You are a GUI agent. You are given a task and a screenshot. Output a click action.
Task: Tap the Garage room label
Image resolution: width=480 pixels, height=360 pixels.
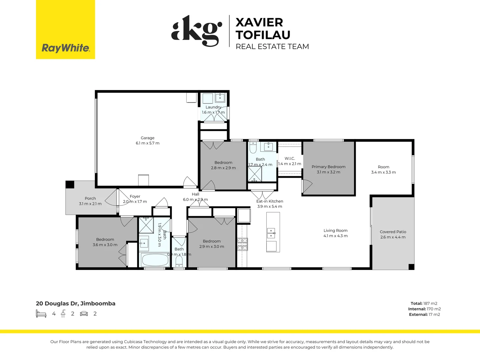coord(147,138)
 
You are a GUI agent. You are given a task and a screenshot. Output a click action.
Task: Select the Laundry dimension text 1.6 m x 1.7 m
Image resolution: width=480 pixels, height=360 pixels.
coord(213,112)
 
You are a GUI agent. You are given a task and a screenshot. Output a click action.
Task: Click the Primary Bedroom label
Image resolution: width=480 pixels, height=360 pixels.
coord(328,167)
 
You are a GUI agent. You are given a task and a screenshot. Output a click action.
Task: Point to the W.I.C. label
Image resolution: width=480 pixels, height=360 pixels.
coord(290,158)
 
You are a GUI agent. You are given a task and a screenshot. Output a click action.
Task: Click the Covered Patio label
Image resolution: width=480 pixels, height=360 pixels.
coord(393,232)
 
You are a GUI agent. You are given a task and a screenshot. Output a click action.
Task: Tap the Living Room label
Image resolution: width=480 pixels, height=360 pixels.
coord(335,230)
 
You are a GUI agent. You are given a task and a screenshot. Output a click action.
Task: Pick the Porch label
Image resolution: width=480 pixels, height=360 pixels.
coord(90,198)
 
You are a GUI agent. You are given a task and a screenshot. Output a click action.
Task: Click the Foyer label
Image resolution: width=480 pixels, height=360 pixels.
coord(135,196)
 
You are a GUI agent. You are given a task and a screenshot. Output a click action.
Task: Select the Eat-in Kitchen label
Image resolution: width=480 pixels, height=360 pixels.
coord(270,201)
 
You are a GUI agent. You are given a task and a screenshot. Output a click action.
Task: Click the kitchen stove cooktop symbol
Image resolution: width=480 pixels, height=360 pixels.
coord(242,244)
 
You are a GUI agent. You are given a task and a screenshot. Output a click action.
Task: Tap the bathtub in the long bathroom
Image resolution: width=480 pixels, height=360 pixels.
coord(155,260)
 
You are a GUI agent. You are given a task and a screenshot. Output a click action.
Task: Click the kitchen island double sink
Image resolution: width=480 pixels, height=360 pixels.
coord(271,233)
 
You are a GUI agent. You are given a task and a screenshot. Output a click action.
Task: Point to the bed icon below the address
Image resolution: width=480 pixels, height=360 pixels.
coord(41,314)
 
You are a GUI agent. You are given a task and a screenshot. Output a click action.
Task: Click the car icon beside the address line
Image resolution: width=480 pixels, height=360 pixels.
coord(84,314)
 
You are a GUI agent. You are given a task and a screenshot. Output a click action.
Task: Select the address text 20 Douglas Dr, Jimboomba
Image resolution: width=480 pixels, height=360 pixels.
coord(76,304)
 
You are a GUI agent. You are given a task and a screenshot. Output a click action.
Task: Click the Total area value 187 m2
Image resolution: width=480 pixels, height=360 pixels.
coord(430,303)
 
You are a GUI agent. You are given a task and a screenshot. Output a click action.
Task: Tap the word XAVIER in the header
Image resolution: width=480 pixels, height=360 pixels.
coord(259,22)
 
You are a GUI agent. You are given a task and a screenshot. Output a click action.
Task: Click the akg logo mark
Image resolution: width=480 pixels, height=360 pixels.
coord(197,31)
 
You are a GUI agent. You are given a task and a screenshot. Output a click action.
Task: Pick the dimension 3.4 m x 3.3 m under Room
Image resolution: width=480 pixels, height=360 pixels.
coord(383,172)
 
